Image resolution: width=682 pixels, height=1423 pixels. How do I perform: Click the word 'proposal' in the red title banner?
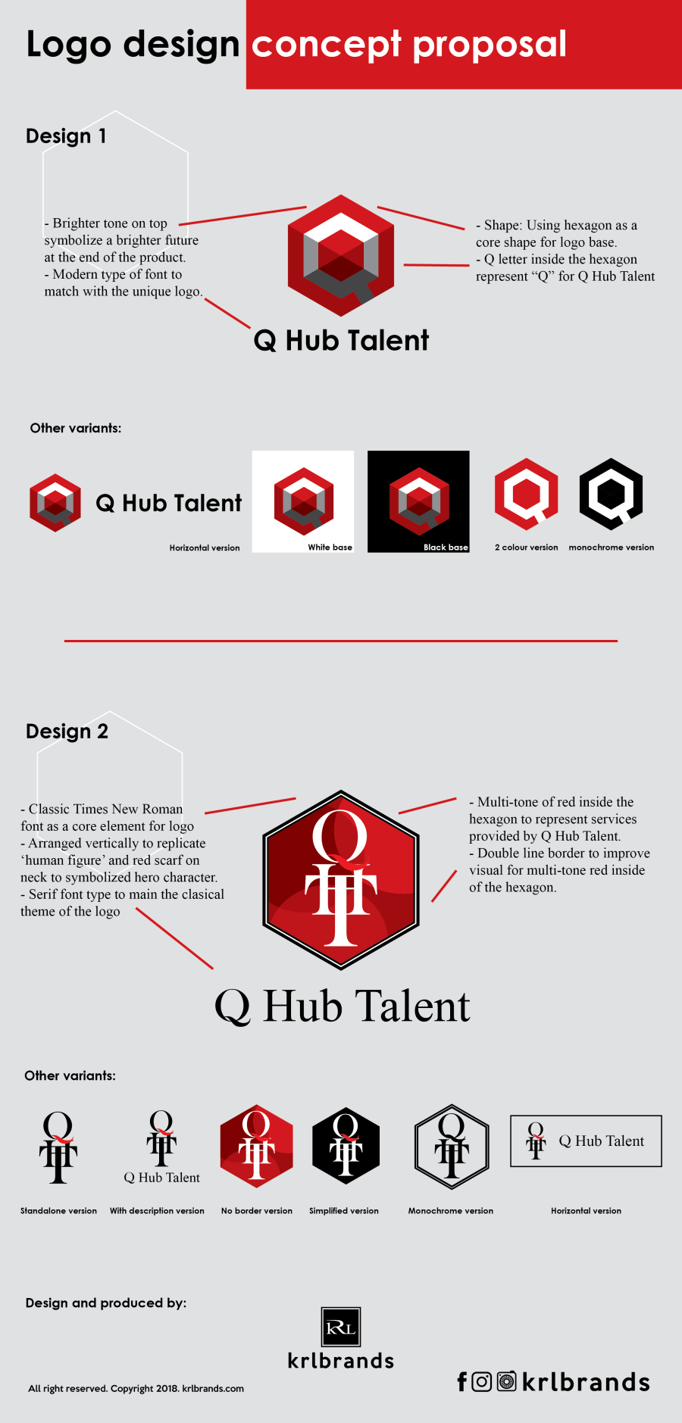click(490, 45)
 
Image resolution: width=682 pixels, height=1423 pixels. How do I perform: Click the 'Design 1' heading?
click(66, 136)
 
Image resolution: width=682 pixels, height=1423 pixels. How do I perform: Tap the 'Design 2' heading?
click(67, 732)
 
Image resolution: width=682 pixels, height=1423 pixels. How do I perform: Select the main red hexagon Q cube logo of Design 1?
click(341, 256)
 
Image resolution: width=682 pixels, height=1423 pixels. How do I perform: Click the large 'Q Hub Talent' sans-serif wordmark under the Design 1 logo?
click(341, 341)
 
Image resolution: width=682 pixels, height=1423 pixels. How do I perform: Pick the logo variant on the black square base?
click(418, 501)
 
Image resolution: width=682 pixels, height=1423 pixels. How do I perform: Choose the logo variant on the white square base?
click(303, 501)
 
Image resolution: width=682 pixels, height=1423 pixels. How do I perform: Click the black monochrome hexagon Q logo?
click(611, 495)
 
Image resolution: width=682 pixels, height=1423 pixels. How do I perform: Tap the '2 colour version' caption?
click(526, 548)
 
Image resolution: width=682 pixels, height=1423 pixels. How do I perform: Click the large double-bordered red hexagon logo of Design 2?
click(341, 880)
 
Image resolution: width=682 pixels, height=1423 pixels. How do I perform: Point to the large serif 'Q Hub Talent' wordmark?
click(343, 1006)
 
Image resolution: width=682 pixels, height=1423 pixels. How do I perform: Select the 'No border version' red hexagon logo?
click(256, 1146)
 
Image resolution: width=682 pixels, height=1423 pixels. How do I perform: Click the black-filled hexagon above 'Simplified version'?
click(346, 1146)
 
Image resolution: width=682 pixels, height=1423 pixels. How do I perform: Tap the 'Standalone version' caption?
click(58, 1211)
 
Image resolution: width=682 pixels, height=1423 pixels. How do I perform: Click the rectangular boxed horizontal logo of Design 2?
click(586, 1141)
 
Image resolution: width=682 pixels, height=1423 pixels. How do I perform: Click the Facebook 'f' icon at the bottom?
click(462, 1382)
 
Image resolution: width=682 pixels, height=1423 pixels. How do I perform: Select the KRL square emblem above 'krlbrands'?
click(341, 1327)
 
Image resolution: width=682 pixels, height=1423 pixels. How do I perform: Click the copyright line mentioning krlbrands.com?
click(136, 1389)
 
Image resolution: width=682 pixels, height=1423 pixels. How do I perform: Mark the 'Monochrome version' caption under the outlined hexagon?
click(451, 1211)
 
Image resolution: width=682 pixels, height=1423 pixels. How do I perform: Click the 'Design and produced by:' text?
click(106, 1303)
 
